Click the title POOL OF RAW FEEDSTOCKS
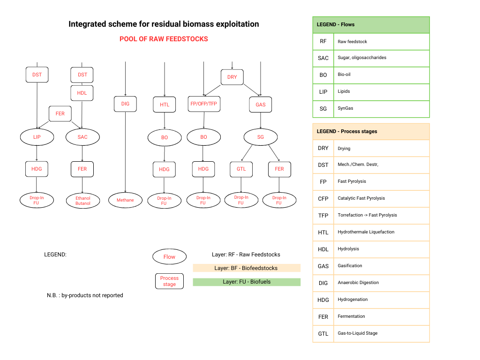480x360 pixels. [x=164, y=39]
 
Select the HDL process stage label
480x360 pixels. [x=82, y=93]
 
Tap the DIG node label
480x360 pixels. [x=125, y=104]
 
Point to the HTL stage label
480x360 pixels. [x=165, y=105]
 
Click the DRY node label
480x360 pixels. [x=232, y=77]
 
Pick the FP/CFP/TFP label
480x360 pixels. [x=203, y=104]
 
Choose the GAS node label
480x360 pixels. [x=261, y=105]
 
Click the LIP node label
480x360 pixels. [x=37, y=137]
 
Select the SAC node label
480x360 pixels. [x=82, y=137]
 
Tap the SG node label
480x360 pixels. [x=261, y=137]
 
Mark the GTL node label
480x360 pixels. [x=241, y=169]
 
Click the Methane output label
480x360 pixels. [x=125, y=200]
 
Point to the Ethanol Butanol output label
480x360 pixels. [x=83, y=201]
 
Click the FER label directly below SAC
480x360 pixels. [x=82, y=169]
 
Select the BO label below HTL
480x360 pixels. [x=164, y=137]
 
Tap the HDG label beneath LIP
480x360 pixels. [x=37, y=169]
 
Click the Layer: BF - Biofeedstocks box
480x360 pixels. [x=247, y=268]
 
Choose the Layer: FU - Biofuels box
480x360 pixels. [x=247, y=282]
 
